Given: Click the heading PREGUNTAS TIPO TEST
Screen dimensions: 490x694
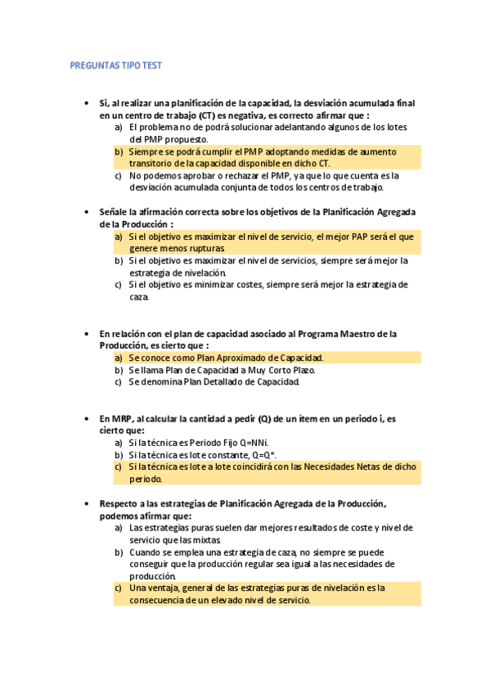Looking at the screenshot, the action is [x=115, y=65].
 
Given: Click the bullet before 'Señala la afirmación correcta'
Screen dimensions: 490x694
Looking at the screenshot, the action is [x=87, y=211].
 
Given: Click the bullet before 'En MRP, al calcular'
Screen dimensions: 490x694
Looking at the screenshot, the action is [x=87, y=418].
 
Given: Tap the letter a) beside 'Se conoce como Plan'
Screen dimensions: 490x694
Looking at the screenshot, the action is [x=119, y=358].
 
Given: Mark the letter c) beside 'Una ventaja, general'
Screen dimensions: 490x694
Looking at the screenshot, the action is [x=119, y=588].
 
